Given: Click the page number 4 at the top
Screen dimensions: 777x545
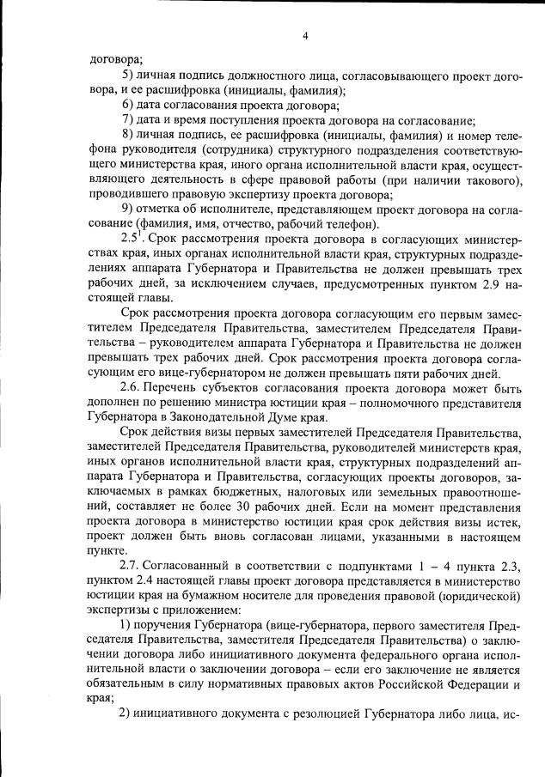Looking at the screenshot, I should (305, 36).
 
